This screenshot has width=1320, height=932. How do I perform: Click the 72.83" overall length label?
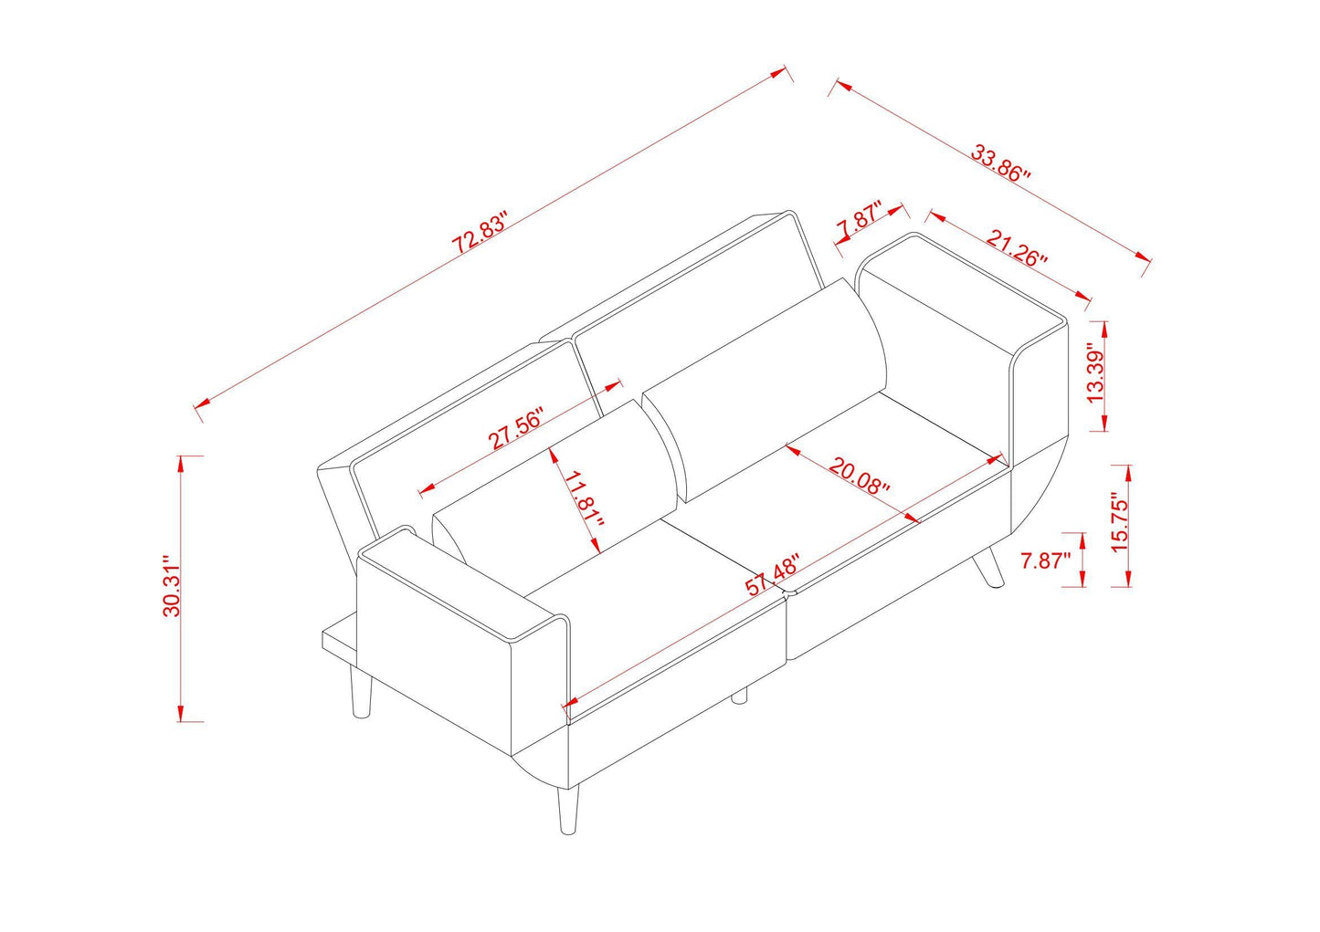pyautogui.click(x=479, y=236)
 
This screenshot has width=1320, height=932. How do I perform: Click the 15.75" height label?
pyautogui.click(x=1121, y=521)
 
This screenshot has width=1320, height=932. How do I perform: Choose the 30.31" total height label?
pyautogui.click(x=173, y=586)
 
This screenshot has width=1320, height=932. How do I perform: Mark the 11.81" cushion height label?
pyautogui.click(x=585, y=502)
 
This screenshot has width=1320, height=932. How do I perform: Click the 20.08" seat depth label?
pyautogui.click(x=859, y=476)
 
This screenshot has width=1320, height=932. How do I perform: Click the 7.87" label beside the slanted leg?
pyautogui.click(x=1045, y=560)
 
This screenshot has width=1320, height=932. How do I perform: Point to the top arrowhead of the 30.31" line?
pyautogui.click(x=184, y=460)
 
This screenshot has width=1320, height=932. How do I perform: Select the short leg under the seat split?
pyautogui.click(x=739, y=696)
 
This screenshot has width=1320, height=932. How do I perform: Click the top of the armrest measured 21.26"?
pyautogui.click(x=959, y=284)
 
